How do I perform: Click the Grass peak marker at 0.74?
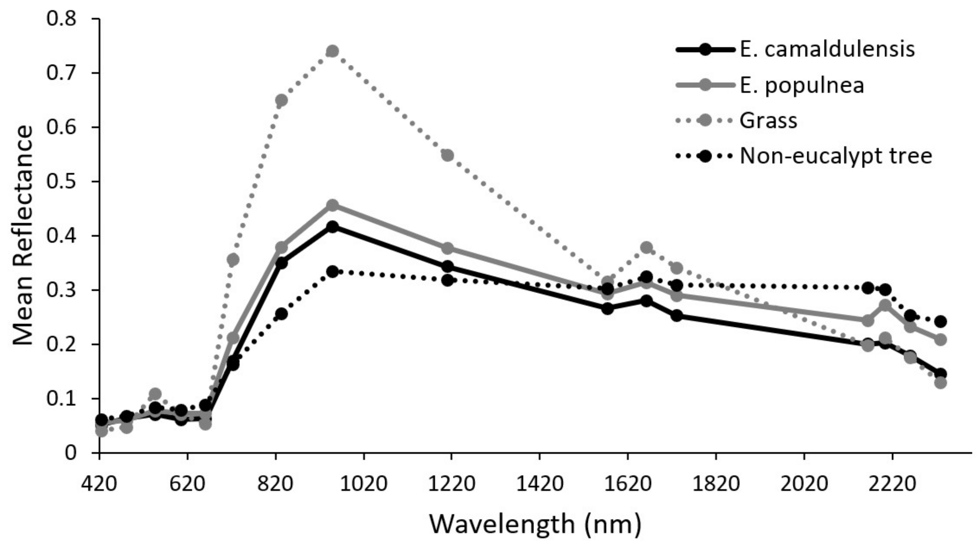coord(333,51)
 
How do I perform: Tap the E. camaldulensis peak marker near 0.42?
coord(333,227)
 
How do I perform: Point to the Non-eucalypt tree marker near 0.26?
coord(281,314)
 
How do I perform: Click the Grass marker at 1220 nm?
coord(448,155)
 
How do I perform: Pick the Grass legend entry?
coord(768,121)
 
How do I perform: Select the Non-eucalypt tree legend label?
coord(836,156)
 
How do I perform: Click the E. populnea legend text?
coord(802,85)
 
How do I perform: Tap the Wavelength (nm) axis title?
coord(535,524)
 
